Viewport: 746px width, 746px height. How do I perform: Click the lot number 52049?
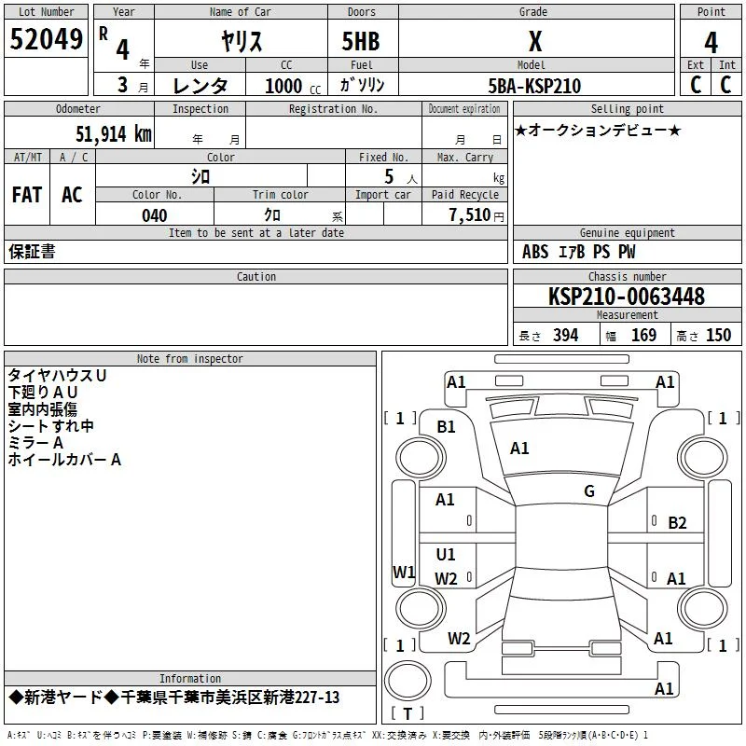[46, 39]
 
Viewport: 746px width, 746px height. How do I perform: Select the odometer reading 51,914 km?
[114, 134]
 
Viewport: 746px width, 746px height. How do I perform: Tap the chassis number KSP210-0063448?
[627, 297]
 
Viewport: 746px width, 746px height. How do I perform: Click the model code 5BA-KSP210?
[534, 86]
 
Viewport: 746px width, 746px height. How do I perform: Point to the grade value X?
[535, 41]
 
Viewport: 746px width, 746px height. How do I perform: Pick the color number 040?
[154, 215]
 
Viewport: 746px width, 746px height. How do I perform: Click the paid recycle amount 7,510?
[470, 215]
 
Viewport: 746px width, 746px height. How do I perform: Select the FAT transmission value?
[27, 195]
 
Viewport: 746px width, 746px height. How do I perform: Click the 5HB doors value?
[361, 41]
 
